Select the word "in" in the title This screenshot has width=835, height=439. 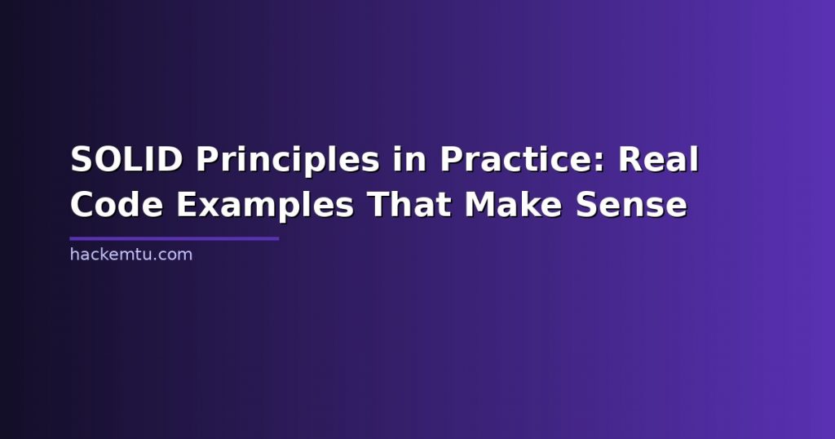pos(410,159)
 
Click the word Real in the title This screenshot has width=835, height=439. pos(658,159)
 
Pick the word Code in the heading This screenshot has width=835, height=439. pos(117,205)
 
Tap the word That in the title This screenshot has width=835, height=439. pos(409,204)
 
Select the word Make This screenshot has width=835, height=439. pos(514,204)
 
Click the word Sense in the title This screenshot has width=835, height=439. pos(632,205)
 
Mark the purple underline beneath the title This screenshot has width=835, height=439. pos(175,239)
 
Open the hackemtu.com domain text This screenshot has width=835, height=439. pos(131,254)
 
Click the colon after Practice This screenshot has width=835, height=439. pos(600,162)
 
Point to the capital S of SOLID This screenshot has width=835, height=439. pos(82,159)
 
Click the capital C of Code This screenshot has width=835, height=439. pos(82,205)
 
